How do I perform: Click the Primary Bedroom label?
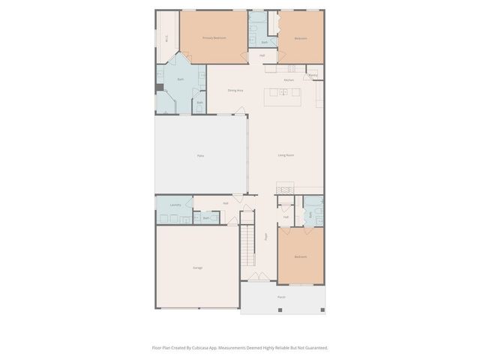(214, 37)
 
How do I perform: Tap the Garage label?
(197, 267)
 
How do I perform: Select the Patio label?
(200, 155)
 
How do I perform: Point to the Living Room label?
(285, 155)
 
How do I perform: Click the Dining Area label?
(235, 91)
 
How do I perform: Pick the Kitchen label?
(289, 79)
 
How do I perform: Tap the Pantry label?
(313, 75)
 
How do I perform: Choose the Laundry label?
(175, 204)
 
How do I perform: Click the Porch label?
(281, 297)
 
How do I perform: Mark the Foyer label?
(265, 236)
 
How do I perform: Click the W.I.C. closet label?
(166, 38)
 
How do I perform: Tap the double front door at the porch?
(259, 278)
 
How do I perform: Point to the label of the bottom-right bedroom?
(300, 257)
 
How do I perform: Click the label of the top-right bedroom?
(300, 37)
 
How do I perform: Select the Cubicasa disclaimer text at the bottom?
(240, 347)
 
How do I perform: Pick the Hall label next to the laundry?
(225, 203)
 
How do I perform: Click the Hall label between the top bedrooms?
(262, 55)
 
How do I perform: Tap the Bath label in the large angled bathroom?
(181, 79)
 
